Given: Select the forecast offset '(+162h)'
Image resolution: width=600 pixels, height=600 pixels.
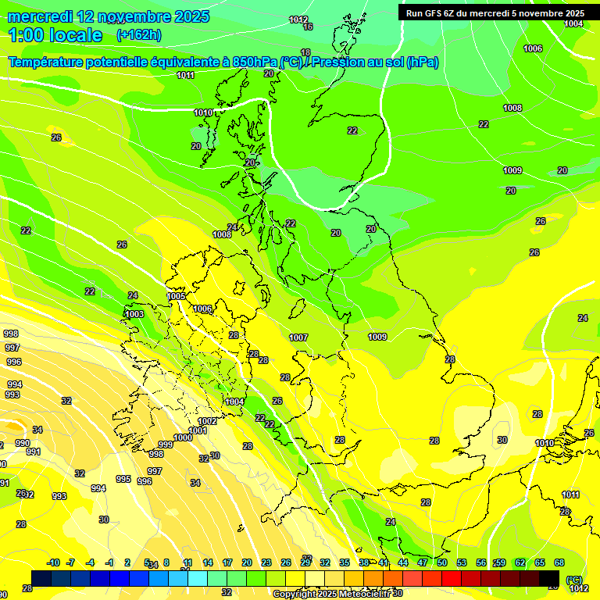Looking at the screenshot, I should tap(138, 35).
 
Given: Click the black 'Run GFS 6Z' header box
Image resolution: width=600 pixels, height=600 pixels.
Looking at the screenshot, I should tap(495, 13).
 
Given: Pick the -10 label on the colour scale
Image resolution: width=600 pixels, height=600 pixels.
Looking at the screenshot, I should tap(53, 563).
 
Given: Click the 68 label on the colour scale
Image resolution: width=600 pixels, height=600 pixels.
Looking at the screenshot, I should tap(559, 563).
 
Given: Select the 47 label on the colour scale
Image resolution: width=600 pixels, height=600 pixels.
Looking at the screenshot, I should tap(422, 563).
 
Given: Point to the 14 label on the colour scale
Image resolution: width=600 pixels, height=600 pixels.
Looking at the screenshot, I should tap(208, 563).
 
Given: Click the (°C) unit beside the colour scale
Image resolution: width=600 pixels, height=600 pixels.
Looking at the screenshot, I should tap(574, 580).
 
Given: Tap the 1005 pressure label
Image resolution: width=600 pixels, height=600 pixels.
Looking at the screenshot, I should tap(177, 296).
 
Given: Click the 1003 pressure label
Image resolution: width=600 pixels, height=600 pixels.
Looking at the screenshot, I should tap(134, 314).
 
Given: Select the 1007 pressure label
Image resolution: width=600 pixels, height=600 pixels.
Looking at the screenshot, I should tap(298, 337).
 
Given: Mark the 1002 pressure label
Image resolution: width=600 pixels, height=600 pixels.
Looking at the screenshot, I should tap(207, 421).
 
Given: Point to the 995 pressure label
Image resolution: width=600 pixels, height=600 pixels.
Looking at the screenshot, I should tap(123, 479).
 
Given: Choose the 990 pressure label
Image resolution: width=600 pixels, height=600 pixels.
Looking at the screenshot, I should tap(23, 443).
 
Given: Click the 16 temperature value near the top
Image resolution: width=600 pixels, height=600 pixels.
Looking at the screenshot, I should tap(308, 27).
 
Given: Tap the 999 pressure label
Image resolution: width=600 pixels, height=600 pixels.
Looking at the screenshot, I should tap(166, 445).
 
